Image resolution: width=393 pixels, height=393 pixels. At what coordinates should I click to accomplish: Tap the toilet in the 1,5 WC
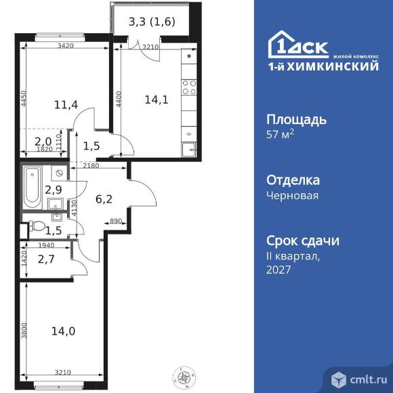click(37, 226)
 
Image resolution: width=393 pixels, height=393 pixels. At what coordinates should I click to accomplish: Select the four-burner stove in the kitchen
click(189, 87)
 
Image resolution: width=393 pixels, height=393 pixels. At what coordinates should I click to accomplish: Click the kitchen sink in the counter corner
click(189, 150)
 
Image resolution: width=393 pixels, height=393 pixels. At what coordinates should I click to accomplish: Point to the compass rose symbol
click(184, 377)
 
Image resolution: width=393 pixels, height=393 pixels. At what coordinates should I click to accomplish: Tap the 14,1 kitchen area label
click(157, 100)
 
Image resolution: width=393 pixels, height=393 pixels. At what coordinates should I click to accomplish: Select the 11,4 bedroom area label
click(66, 104)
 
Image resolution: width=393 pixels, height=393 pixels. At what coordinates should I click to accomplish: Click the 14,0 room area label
click(63, 331)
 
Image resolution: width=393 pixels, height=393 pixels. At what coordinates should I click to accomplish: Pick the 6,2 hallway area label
click(104, 199)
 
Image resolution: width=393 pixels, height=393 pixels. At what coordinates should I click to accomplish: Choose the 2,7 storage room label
click(46, 259)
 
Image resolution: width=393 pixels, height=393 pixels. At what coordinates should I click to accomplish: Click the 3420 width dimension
click(66, 46)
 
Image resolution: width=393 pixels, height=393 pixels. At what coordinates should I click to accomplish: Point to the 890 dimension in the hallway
click(116, 221)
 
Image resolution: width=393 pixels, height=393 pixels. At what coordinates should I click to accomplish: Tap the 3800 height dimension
click(24, 331)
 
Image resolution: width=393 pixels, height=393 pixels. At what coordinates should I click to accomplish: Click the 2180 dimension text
click(91, 166)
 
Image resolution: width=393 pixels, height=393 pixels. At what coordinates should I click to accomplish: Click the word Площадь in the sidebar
click(297, 120)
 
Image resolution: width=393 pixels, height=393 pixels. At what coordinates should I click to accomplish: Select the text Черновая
click(292, 195)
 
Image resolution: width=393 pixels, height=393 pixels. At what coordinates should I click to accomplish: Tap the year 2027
click(278, 270)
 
